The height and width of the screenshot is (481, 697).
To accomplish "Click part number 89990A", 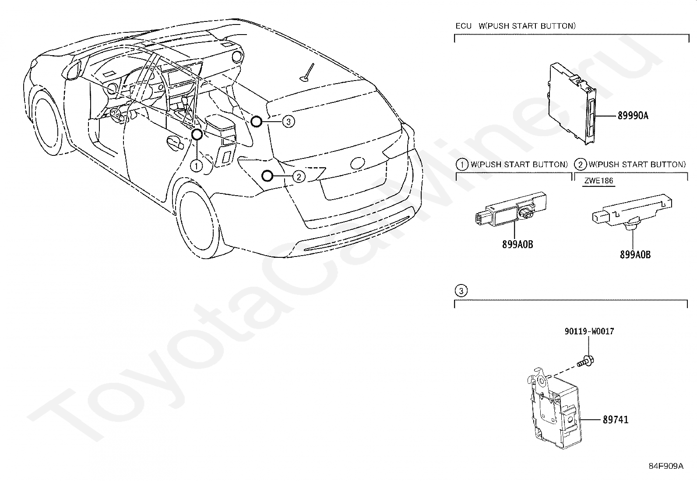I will point(633,116).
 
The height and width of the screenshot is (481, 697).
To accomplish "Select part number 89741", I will point(615,420).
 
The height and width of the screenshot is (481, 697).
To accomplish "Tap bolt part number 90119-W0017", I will point(589,331).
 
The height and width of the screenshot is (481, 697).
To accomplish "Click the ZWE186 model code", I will point(598,181).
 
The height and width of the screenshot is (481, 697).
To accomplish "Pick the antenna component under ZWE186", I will point(630,211).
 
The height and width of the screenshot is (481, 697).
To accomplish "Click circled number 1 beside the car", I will point(196,165).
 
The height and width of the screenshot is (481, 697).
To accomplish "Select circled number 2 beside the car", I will point(298,176).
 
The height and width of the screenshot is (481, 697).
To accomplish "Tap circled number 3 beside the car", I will point(288,121).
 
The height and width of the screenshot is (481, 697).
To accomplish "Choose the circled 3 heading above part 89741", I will point(461,291).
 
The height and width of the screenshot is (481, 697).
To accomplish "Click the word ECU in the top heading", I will point(463,26).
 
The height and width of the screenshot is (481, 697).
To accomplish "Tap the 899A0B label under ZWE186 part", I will point(635,254).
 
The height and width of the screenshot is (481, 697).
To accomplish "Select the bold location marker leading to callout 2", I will point(266,176).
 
